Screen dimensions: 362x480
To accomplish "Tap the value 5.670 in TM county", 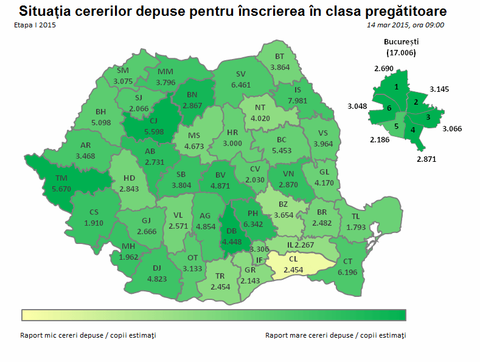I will pyautogui.click(x=62, y=189).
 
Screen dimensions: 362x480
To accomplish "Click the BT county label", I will pyautogui.click(x=280, y=57).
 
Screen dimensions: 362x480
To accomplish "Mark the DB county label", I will pyautogui.click(x=232, y=231).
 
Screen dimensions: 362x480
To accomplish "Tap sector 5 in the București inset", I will pyautogui.click(x=396, y=127).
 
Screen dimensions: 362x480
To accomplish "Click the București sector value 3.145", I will pyautogui.click(x=439, y=89).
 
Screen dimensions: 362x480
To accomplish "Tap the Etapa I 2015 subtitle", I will pyautogui.click(x=34, y=25).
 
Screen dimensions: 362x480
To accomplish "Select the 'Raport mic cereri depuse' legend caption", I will pyautogui.click(x=88, y=335).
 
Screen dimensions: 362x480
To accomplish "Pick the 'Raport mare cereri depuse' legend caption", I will pyautogui.click(x=335, y=335).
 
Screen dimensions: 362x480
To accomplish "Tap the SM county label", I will pyautogui.click(x=123, y=71).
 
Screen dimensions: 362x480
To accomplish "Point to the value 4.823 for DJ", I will pyautogui.click(x=157, y=279).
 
